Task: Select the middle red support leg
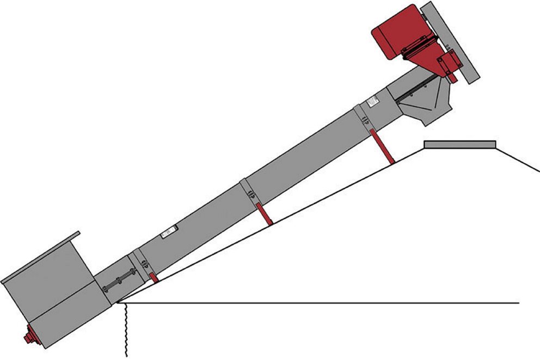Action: point(265,213)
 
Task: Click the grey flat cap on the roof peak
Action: point(460,144)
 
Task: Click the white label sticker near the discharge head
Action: point(373,101)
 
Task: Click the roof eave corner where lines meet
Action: point(119,302)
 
